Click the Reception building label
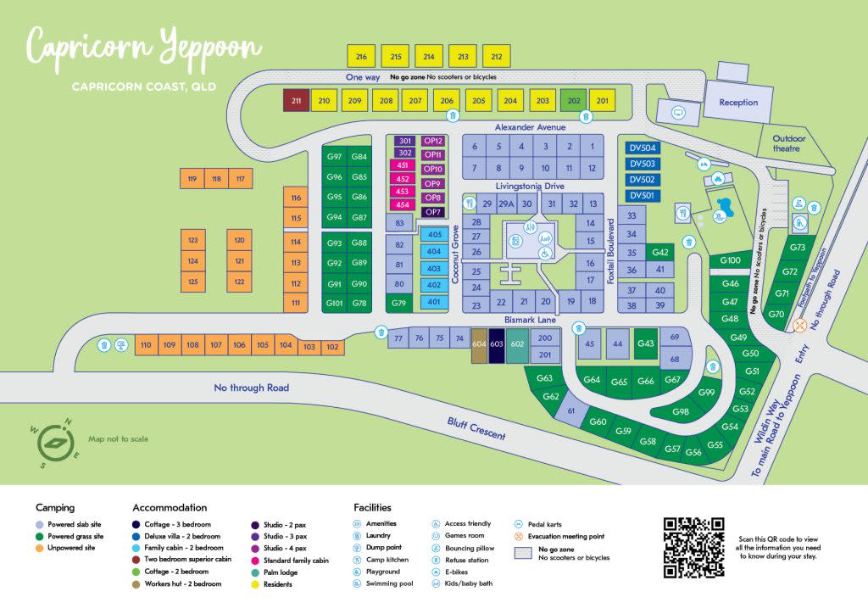(x=738, y=103)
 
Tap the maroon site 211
(x=296, y=101)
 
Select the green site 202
(x=573, y=101)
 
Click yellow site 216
(x=362, y=57)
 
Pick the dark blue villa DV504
(x=641, y=148)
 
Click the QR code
(x=693, y=548)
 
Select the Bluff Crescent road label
(x=477, y=428)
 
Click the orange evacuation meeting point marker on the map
(x=798, y=325)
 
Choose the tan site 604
(x=479, y=344)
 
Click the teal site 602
(x=518, y=344)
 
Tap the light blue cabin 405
(x=434, y=235)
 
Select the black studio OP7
(x=433, y=212)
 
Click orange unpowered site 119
(x=192, y=179)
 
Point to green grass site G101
(x=334, y=303)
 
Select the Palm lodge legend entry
(x=284, y=572)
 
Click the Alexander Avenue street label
(x=530, y=127)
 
